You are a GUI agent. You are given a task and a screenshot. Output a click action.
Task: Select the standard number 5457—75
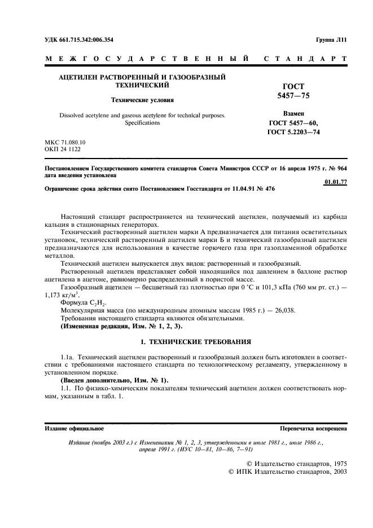(x=294, y=97)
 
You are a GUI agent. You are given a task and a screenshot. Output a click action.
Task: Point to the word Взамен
(x=293, y=113)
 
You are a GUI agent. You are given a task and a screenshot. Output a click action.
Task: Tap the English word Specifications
(x=142, y=122)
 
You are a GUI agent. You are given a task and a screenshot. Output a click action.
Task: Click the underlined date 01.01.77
(x=337, y=182)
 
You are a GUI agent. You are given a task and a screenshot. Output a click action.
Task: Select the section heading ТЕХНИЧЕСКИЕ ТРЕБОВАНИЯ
(x=194, y=342)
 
